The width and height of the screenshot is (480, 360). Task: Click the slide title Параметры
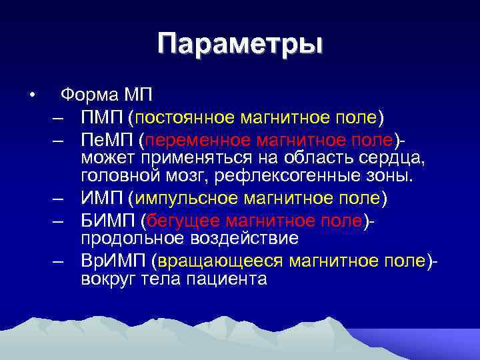(x=240, y=45)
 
